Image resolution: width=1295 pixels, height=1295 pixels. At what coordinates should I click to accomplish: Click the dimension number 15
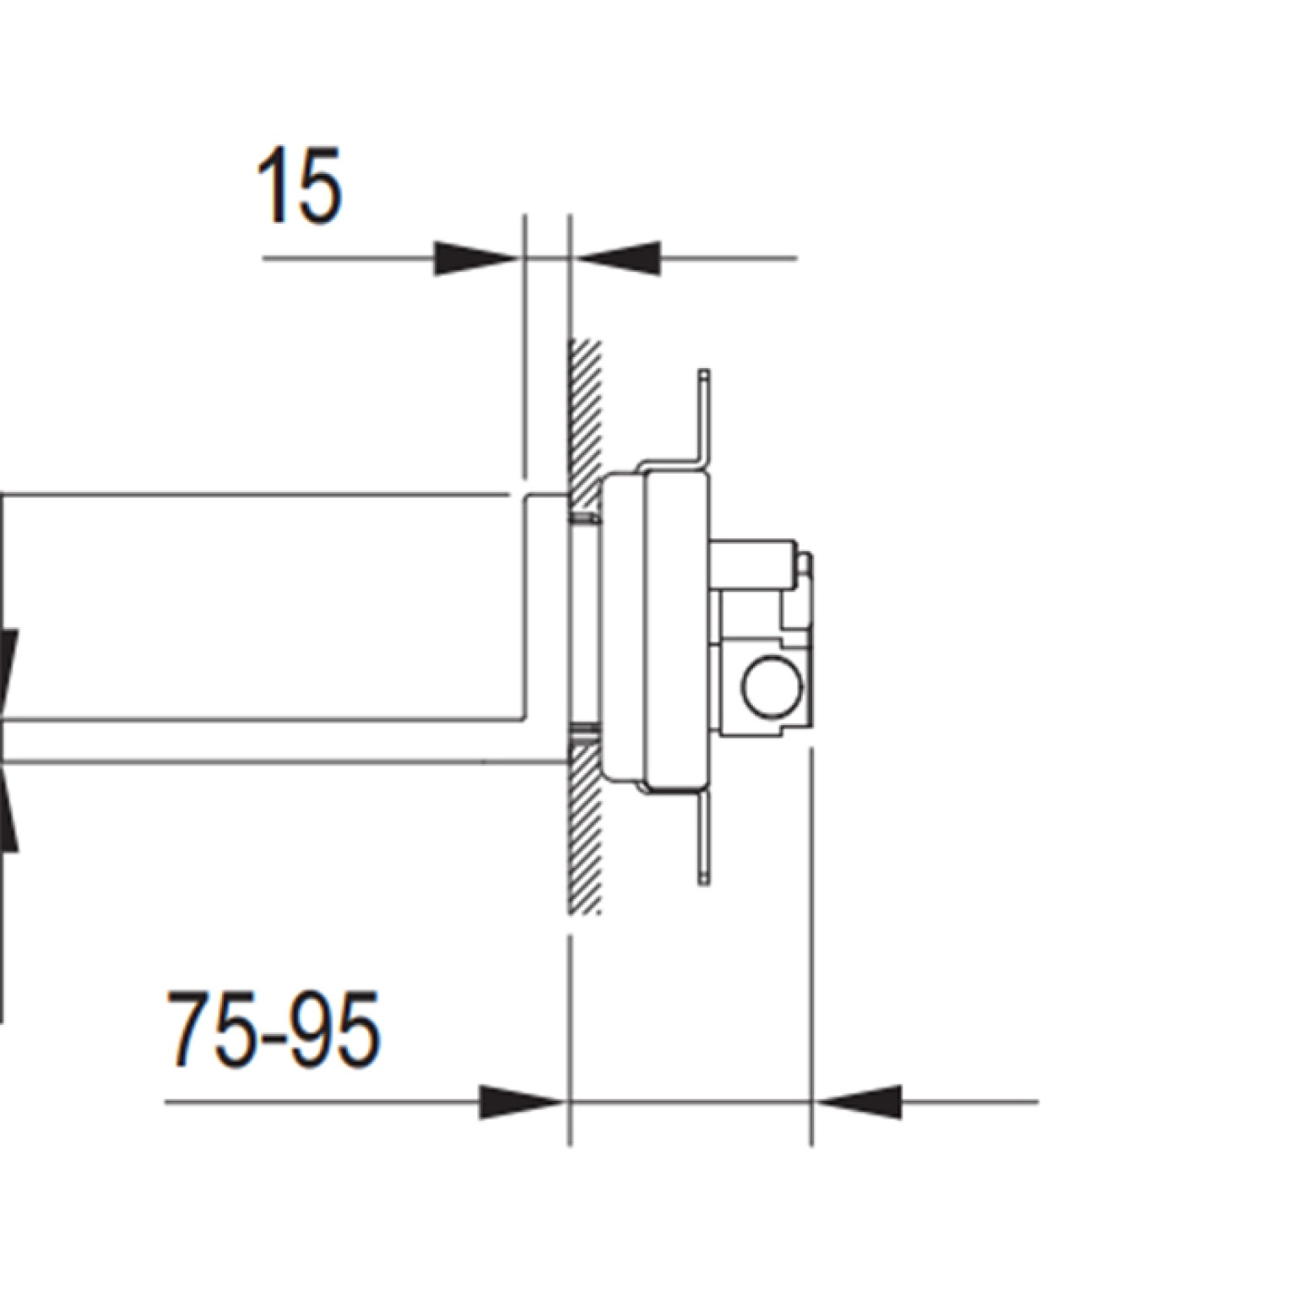[300, 187]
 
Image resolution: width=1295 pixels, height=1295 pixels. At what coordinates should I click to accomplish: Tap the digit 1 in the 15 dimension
[273, 187]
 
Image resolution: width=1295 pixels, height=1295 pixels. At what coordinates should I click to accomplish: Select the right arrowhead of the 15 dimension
[615, 258]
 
